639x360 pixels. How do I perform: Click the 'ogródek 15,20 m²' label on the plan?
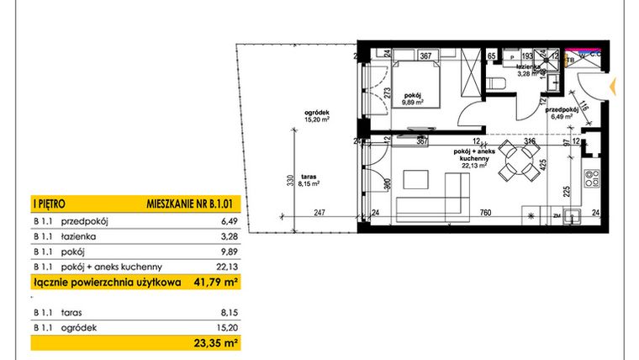[316, 115]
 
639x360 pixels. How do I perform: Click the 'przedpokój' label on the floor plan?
[558, 110]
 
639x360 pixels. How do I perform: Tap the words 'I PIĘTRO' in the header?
[49, 204]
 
